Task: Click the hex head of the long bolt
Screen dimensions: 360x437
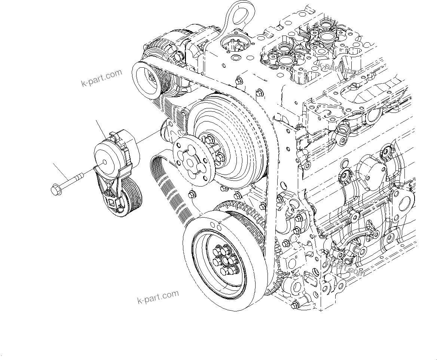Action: click(x=56, y=190)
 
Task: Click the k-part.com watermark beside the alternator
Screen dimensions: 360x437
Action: click(x=101, y=77)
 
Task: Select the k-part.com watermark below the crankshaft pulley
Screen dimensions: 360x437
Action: click(x=158, y=297)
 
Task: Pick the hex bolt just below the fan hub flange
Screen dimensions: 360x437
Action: click(x=192, y=194)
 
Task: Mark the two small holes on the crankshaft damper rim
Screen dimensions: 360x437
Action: click(x=216, y=225)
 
